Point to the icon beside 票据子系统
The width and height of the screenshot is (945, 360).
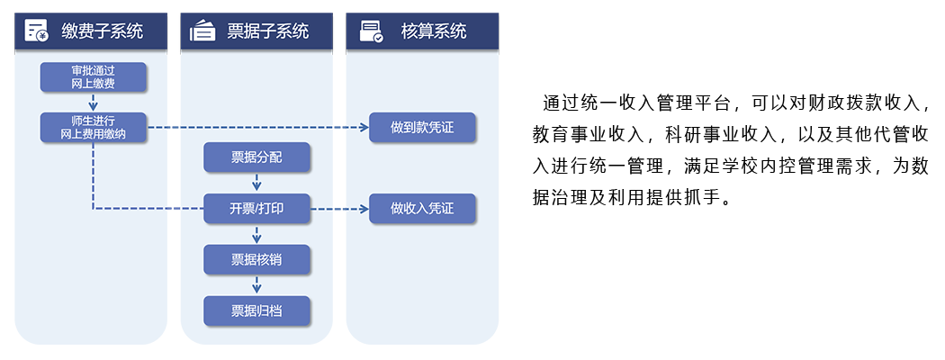(202, 31)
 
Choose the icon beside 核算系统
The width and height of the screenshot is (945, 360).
(371, 32)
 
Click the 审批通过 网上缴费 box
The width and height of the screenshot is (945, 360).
(93, 76)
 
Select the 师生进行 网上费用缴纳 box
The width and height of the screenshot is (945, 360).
(93, 127)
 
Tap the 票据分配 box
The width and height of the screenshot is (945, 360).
(256, 157)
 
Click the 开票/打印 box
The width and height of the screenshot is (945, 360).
(256, 209)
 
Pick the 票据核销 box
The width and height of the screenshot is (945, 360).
(256, 260)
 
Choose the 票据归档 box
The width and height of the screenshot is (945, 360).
(256, 311)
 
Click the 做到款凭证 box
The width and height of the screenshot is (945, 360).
(422, 128)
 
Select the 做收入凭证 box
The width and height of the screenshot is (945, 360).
(422, 209)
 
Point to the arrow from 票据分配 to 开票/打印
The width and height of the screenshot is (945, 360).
(256, 183)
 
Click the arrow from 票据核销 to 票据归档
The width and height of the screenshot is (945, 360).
(256, 285)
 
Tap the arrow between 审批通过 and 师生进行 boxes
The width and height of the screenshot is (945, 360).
(93, 102)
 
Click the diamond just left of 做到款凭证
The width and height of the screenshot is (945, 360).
(339, 128)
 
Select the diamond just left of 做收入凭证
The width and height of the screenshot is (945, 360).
(339, 209)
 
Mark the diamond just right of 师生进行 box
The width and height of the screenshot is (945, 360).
(174, 128)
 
